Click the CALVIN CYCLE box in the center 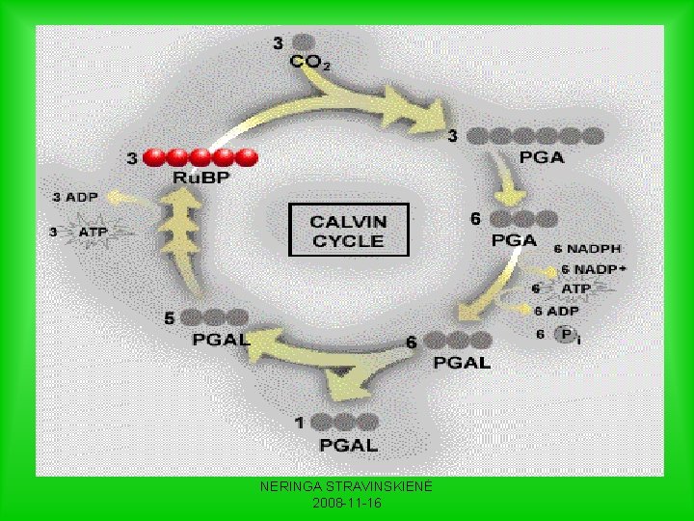[x=349, y=230]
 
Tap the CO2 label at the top [x=309, y=64]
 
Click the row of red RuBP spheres [x=200, y=156]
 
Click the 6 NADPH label [x=587, y=250]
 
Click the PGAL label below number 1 [x=348, y=445]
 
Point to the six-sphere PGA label [x=541, y=158]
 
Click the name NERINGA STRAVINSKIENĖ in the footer [x=347, y=488]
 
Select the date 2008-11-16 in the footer [x=347, y=504]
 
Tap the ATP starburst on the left [x=92, y=233]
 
